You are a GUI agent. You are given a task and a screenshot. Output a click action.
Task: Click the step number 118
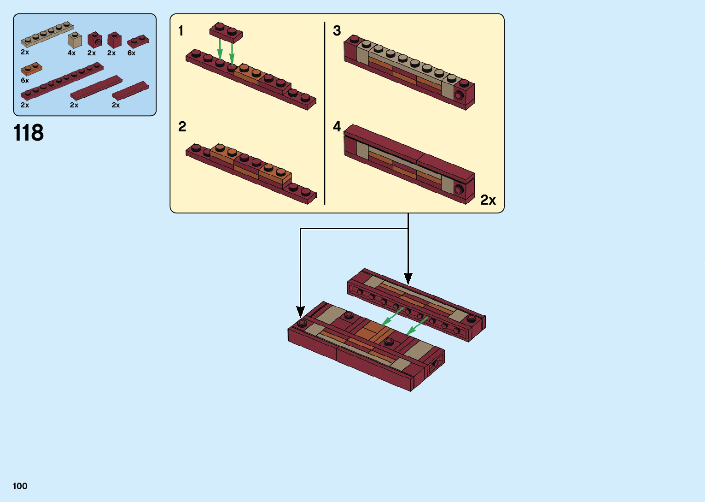coord(29,133)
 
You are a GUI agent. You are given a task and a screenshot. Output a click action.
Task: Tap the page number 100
coord(20,486)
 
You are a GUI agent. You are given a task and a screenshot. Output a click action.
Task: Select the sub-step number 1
coord(181,31)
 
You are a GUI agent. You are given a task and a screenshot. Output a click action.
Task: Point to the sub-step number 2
coord(182,127)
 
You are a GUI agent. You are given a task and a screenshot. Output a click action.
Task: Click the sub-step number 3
coord(337,31)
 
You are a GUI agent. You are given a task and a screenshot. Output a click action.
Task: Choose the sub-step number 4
coord(337,127)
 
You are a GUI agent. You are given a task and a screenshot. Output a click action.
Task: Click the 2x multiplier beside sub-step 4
coord(488,200)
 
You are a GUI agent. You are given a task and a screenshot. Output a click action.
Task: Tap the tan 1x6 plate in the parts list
coord(47,34)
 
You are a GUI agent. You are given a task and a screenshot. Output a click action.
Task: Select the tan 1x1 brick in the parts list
coord(75,40)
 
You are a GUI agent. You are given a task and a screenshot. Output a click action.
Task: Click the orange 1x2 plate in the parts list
coord(31,69)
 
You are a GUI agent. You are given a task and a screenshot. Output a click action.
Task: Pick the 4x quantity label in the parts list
coord(71,53)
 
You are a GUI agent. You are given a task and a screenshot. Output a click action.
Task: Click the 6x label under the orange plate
coord(25,80)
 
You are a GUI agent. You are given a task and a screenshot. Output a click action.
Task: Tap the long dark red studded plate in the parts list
coord(62,81)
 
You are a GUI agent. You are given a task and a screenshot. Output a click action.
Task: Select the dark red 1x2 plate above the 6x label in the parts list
coord(138,41)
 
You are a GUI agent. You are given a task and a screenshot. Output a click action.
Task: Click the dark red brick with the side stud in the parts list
coord(94,40)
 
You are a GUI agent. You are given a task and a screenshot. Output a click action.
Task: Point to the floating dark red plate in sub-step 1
coord(226,32)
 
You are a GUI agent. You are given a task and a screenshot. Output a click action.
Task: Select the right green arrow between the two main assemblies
coord(417,326)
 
